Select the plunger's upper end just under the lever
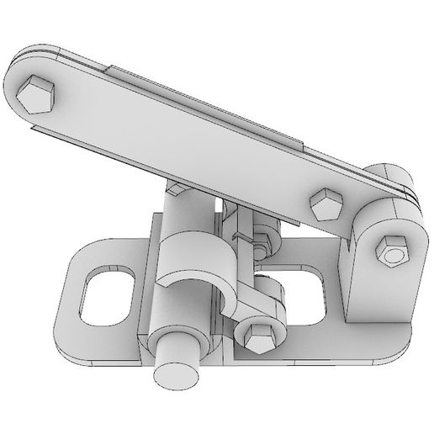click(x=178, y=202)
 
